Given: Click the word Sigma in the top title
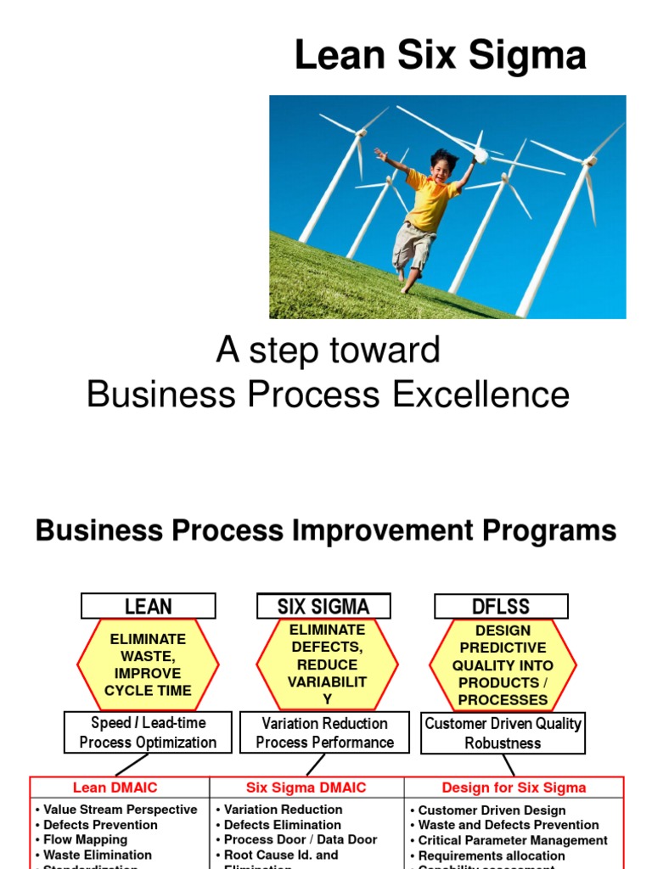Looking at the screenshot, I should [x=534, y=56].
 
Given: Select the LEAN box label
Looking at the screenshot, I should [x=148, y=606].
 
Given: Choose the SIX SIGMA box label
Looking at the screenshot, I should [x=323, y=606].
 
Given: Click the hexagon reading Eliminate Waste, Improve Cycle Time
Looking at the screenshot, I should [x=148, y=664].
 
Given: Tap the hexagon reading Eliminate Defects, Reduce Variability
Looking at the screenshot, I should [x=327, y=664].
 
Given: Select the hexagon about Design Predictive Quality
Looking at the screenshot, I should [x=503, y=664].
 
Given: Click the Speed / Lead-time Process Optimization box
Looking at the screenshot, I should [x=148, y=732].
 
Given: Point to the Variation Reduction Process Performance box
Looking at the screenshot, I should [x=324, y=732].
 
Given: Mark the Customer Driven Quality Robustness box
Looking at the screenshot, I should [x=503, y=733].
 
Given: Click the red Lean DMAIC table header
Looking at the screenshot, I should [x=115, y=788].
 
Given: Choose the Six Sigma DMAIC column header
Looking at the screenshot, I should [x=306, y=788].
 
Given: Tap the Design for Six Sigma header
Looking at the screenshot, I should [x=514, y=788].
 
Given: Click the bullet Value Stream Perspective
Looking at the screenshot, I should [x=120, y=810].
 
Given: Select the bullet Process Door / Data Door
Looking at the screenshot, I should [x=301, y=839].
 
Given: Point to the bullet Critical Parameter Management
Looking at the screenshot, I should [x=513, y=840].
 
